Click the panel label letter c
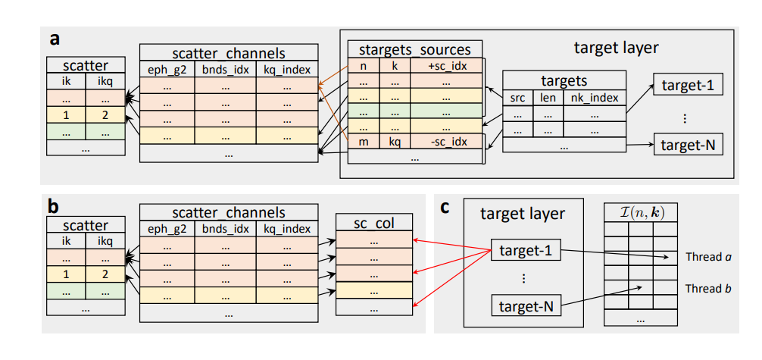click(x=446, y=207)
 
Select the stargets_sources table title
click(x=415, y=50)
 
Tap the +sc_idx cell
click(x=447, y=66)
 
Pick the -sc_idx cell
click(x=447, y=142)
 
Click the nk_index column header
click(x=594, y=97)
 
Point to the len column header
click(x=548, y=97)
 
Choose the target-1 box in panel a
click(x=688, y=85)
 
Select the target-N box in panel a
click(x=688, y=143)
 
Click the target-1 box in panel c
click(x=526, y=250)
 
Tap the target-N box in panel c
click(x=526, y=307)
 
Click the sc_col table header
click(x=375, y=224)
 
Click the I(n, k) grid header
click(x=639, y=213)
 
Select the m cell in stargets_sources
click(x=364, y=142)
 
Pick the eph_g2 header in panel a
click(x=167, y=70)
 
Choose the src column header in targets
click(x=517, y=97)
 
